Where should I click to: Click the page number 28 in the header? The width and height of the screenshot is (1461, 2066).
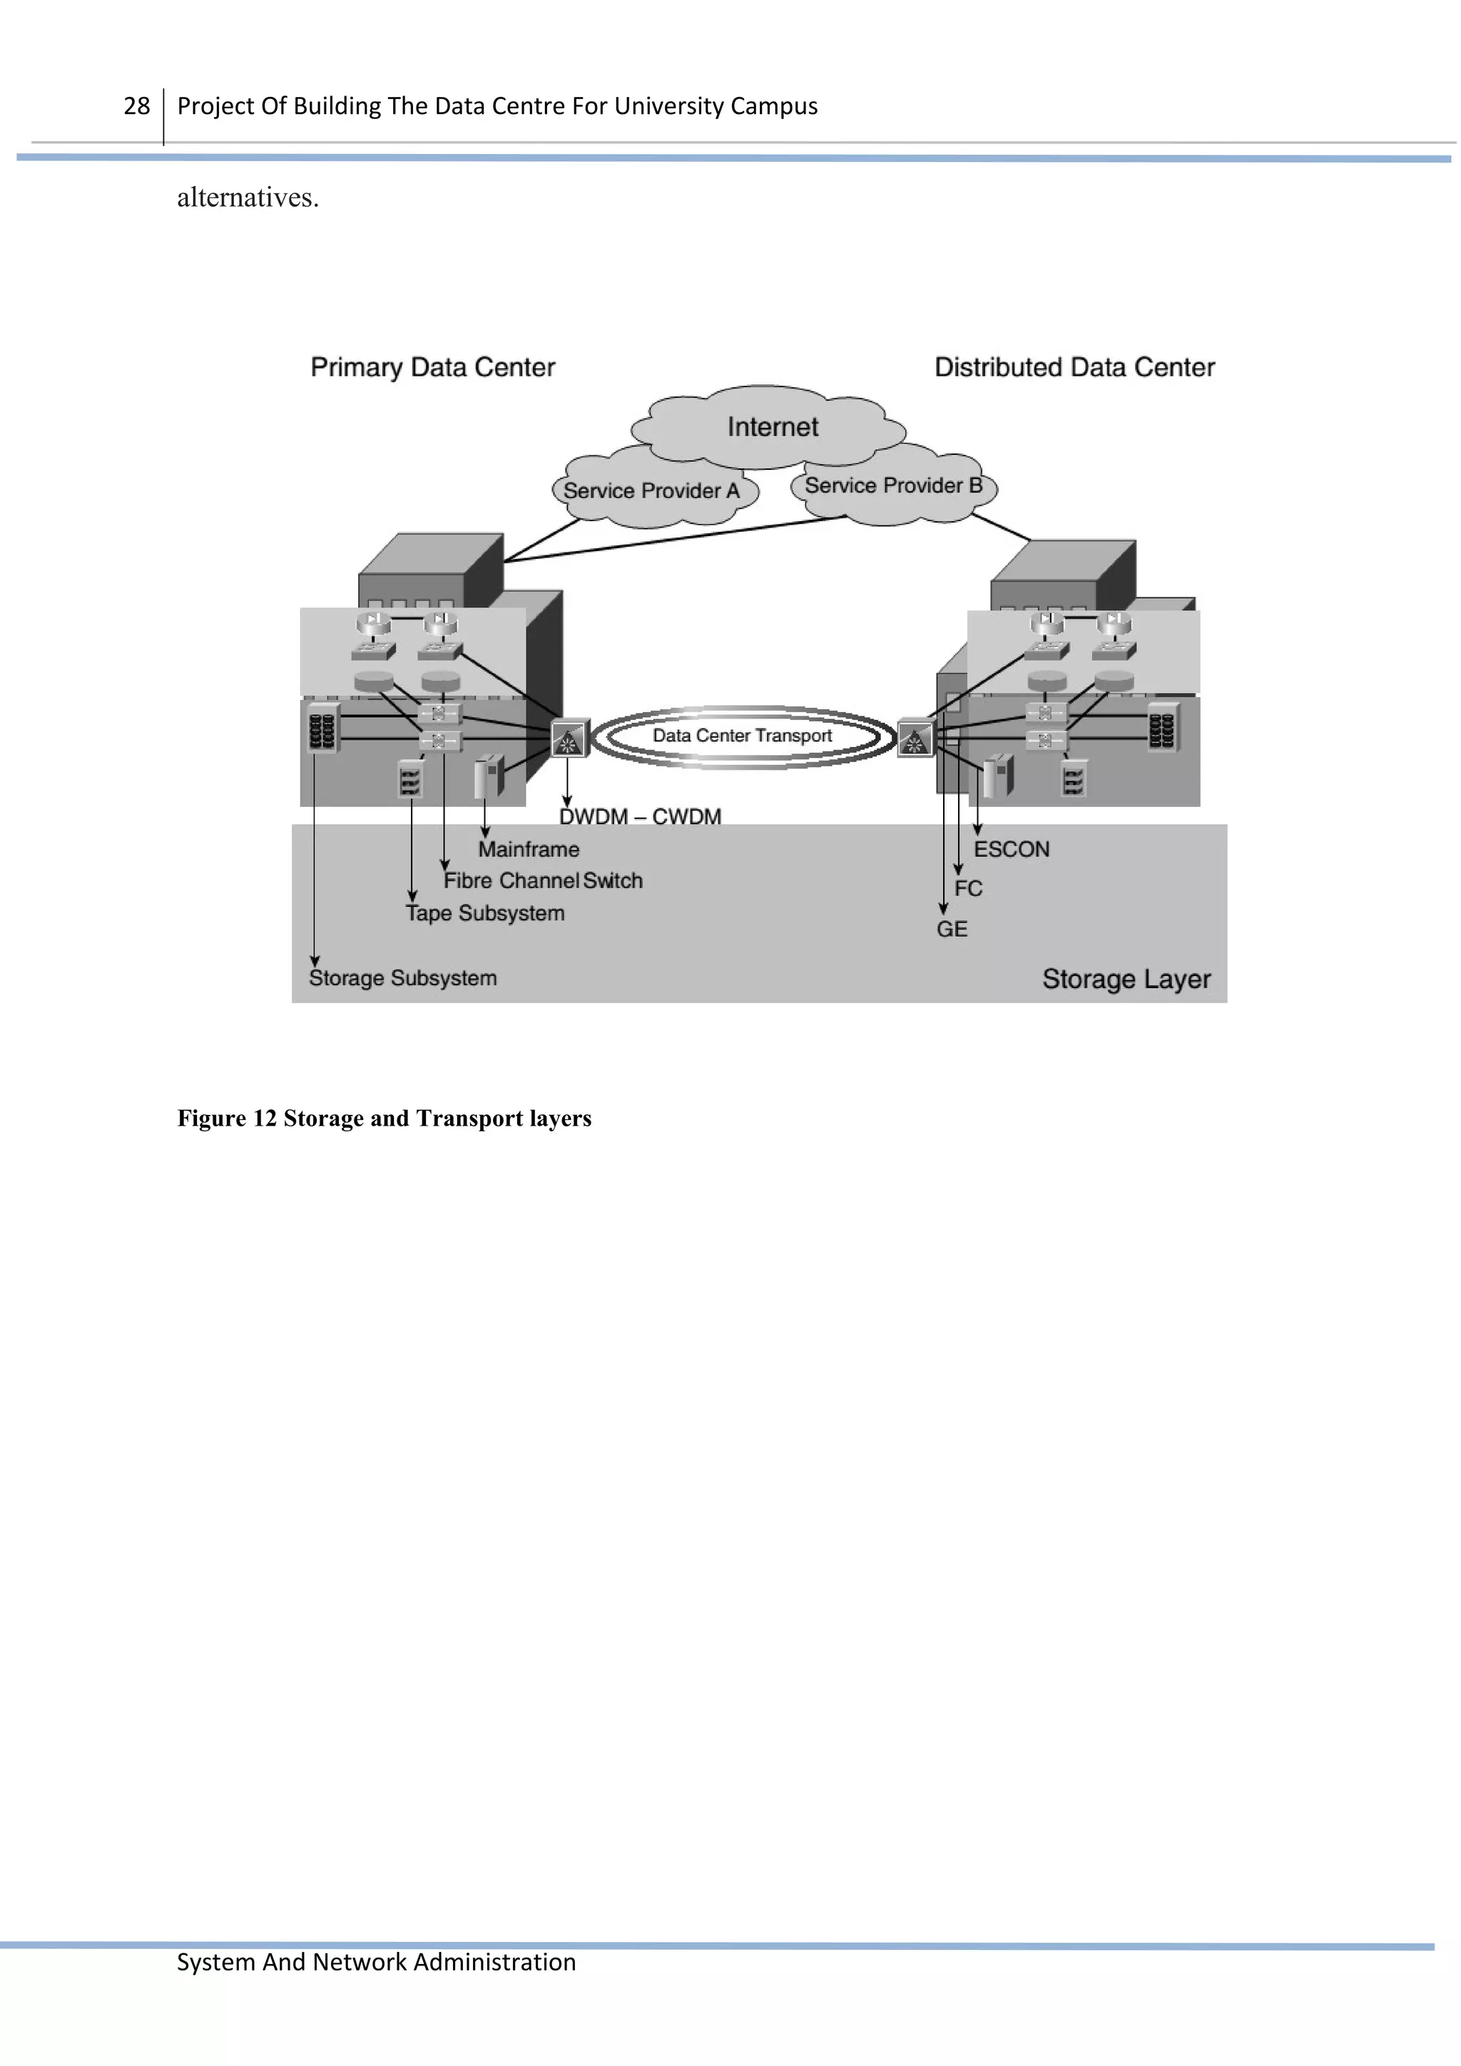click(x=136, y=106)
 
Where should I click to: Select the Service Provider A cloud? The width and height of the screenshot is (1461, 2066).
click(x=652, y=491)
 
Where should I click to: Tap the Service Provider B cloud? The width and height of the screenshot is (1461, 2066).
click(x=893, y=486)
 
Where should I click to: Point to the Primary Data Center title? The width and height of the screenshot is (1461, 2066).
click(x=432, y=367)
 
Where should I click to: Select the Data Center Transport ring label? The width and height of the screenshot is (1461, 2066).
click(x=742, y=736)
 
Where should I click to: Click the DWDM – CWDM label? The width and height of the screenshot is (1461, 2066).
click(x=640, y=817)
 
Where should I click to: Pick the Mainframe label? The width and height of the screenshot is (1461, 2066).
click(x=529, y=850)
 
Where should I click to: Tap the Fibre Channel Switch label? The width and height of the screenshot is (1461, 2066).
click(x=543, y=881)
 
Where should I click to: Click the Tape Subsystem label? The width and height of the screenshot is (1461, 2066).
click(x=485, y=913)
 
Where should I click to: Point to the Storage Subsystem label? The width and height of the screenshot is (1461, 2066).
click(x=402, y=978)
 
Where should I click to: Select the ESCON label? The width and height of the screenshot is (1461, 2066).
click(x=1011, y=850)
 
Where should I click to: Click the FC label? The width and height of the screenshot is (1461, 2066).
click(x=968, y=889)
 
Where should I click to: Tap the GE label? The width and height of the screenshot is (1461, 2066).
click(x=952, y=930)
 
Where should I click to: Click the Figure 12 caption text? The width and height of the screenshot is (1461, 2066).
click(x=384, y=1119)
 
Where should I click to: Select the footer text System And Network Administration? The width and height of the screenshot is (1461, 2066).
click(x=376, y=1962)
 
